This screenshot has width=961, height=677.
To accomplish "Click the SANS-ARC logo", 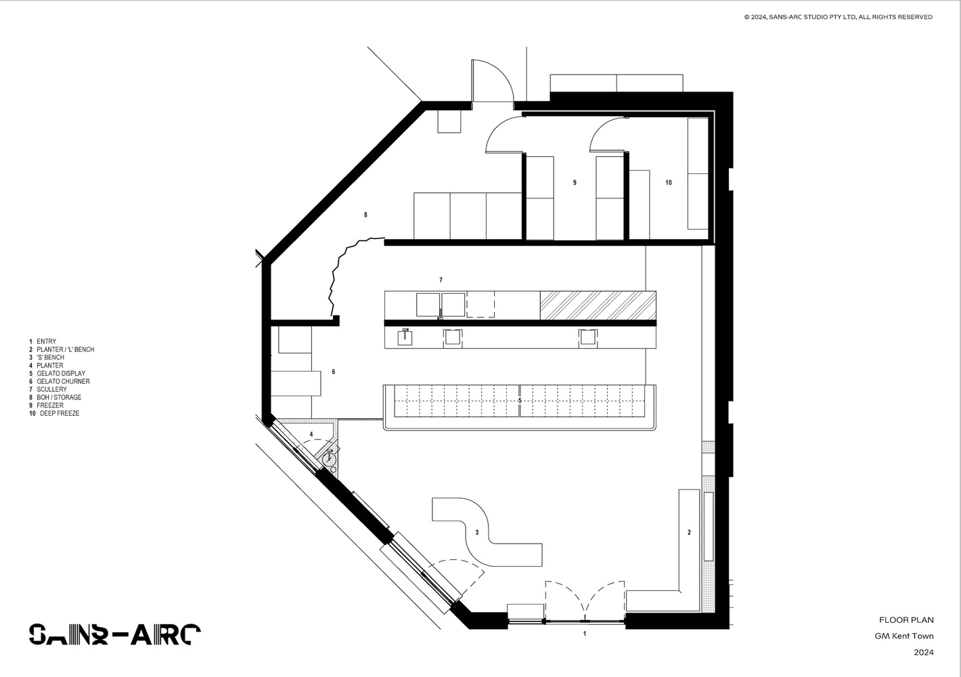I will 114,634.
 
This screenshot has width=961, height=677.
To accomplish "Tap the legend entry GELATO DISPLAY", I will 61,374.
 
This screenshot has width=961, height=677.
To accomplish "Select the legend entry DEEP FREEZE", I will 59,413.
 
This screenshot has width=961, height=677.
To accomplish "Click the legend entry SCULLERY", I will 51,389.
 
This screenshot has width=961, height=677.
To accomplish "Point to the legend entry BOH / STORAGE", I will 59,397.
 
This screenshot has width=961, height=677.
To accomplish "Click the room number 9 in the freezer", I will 575,183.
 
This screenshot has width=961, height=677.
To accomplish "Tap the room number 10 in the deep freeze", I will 669,183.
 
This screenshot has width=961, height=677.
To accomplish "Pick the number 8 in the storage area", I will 365,215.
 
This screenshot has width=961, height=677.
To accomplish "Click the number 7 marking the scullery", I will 441,280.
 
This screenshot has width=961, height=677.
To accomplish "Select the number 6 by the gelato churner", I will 333,372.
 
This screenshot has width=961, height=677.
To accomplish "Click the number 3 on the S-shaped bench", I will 477,533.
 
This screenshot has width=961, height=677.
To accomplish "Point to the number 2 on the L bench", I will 689,533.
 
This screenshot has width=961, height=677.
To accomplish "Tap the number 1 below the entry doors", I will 585,634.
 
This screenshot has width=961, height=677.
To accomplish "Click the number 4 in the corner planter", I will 311,434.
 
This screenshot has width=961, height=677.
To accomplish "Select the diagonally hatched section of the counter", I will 598,305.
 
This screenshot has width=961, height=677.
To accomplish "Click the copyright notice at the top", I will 838,17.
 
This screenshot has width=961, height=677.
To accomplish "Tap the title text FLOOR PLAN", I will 906,620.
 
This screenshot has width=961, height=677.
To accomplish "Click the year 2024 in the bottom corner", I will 924,653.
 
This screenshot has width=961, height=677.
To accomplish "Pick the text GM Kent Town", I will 904,636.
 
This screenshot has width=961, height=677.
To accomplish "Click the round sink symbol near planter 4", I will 330,459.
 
